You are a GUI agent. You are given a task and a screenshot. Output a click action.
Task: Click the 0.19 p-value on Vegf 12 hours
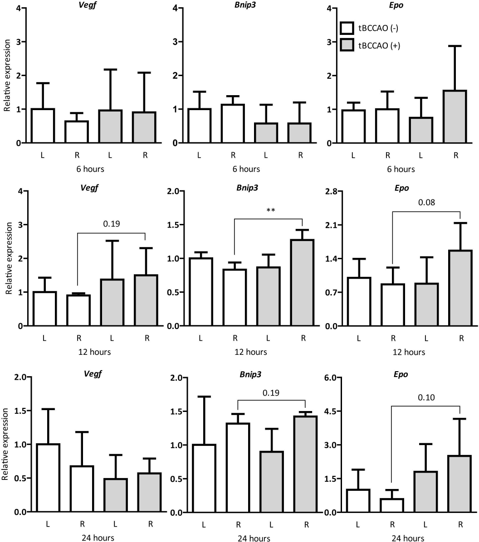point(111,223)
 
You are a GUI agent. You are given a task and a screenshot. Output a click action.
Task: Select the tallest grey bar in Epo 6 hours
point(455,116)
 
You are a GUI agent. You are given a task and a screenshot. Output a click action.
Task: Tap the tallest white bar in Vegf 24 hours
point(48,478)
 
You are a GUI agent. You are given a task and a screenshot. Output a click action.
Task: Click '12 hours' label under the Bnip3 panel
point(251,352)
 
